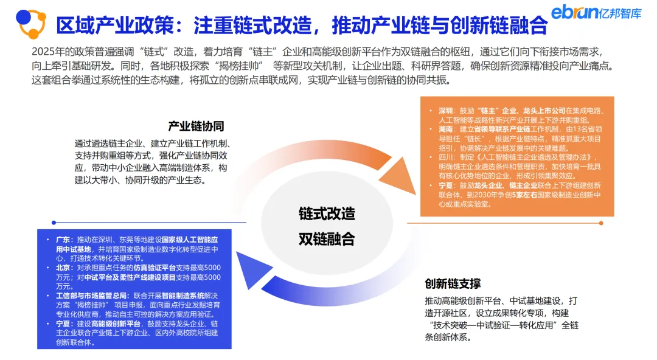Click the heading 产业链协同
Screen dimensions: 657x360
[196, 126]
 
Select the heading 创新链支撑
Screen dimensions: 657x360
[453, 284]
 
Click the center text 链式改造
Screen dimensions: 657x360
[326, 213]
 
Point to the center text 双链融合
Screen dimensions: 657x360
[326, 239]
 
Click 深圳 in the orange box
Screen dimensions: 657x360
[446, 111]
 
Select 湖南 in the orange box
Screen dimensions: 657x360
[446, 130]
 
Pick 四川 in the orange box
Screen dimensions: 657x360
[446, 157]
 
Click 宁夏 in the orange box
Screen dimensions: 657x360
[446, 185]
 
